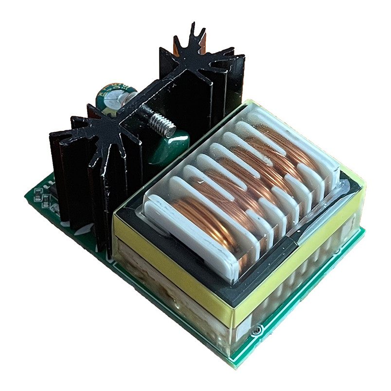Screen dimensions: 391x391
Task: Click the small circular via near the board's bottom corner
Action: pos(256,331)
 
